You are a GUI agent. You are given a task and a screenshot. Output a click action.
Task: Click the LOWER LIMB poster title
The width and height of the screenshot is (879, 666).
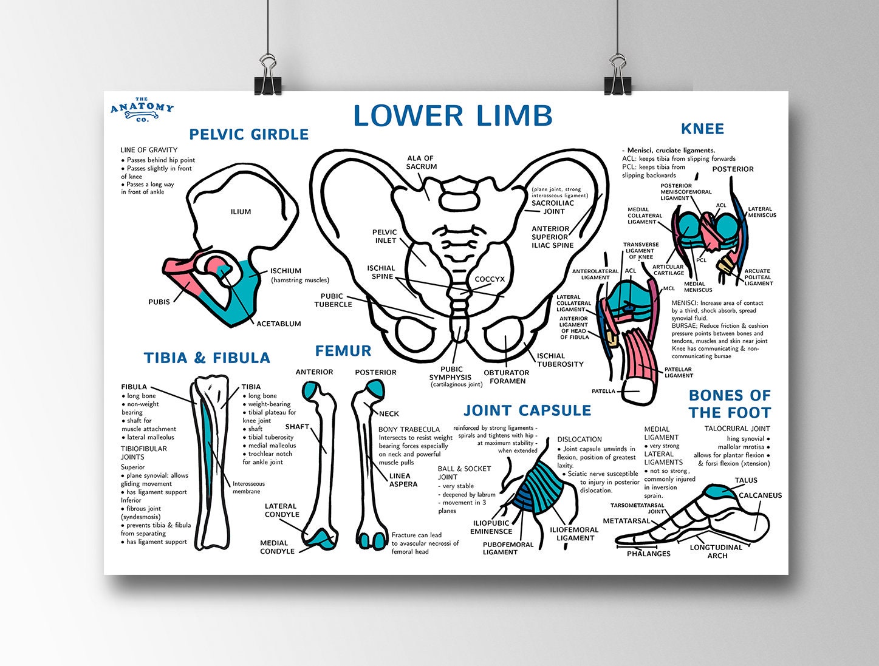tap(453, 116)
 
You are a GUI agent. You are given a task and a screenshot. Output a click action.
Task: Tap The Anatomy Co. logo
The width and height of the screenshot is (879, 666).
tap(142, 109)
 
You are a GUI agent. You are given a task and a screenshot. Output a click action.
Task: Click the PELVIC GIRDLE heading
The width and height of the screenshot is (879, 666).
tap(248, 134)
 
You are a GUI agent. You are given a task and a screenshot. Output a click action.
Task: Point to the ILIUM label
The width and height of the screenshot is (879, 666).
tap(241, 212)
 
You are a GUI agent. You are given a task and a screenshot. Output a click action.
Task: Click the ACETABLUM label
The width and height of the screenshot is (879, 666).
tap(278, 324)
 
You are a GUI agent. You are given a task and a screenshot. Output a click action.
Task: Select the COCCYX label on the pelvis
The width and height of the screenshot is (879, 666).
tap(490, 279)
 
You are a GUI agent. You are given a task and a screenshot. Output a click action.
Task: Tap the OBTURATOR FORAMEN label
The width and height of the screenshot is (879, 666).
tap(506, 377)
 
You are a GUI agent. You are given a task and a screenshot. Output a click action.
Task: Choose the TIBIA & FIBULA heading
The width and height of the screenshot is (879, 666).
tap(207, 358)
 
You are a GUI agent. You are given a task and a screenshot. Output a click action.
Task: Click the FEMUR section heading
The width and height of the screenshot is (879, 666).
tap(343, 351)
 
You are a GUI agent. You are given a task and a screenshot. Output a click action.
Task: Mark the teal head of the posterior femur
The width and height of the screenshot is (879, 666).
tap(373, 389)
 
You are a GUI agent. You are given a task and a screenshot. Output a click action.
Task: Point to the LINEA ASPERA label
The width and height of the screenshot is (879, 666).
tap(403, 480)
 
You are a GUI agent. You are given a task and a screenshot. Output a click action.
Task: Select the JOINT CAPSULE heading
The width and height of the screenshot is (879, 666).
tap(527, 410)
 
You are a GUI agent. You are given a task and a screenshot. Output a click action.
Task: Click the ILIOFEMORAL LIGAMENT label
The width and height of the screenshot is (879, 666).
tap(574, 534)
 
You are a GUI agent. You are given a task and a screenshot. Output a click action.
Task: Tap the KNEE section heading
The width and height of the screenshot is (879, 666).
tap(702, 129)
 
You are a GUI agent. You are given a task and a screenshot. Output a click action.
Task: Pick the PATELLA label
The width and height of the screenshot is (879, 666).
tap(603, 391)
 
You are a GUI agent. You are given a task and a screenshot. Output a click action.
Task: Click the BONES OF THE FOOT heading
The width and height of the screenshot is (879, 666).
tap(729, 404)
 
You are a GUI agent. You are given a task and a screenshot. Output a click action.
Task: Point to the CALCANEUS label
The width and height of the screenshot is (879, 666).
tap(760, 495)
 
